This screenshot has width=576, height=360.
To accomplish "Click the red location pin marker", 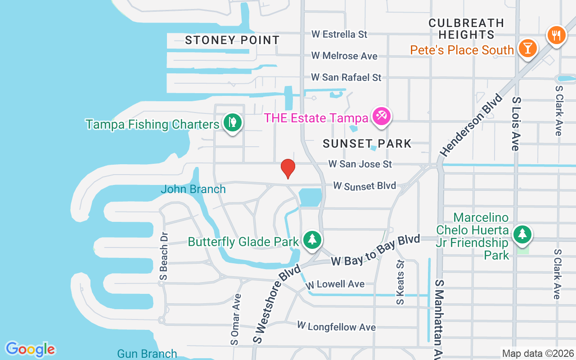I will tap(288, 168).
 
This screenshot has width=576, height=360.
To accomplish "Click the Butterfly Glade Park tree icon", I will tap(311, 239).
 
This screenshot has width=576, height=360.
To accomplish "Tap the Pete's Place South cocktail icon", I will tap(527, 48).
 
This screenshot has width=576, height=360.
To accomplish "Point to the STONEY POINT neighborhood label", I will tap(232, 40).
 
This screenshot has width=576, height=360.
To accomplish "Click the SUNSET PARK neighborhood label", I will tap(367, 144).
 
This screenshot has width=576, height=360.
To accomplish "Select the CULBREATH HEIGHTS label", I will tap(466, 28).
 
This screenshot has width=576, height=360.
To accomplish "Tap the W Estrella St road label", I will tap(340, 34).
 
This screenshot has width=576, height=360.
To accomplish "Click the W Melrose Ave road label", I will tap(345, 56).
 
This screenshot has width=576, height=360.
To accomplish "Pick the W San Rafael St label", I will tap(346, 77).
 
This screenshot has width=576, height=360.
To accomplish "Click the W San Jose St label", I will tap(360, 164).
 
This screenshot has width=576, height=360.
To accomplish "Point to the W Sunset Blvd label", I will tap(364, 186).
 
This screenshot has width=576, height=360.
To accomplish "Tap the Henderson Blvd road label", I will tap(471, 125).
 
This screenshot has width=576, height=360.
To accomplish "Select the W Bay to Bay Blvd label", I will tap(375, 250).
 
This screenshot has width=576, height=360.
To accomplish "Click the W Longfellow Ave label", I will tap(337, 326).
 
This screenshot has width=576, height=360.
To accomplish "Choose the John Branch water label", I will tap(193, 189).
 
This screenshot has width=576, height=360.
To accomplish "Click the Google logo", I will tap(30, 349).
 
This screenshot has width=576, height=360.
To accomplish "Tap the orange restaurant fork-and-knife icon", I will tap(556, 35).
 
